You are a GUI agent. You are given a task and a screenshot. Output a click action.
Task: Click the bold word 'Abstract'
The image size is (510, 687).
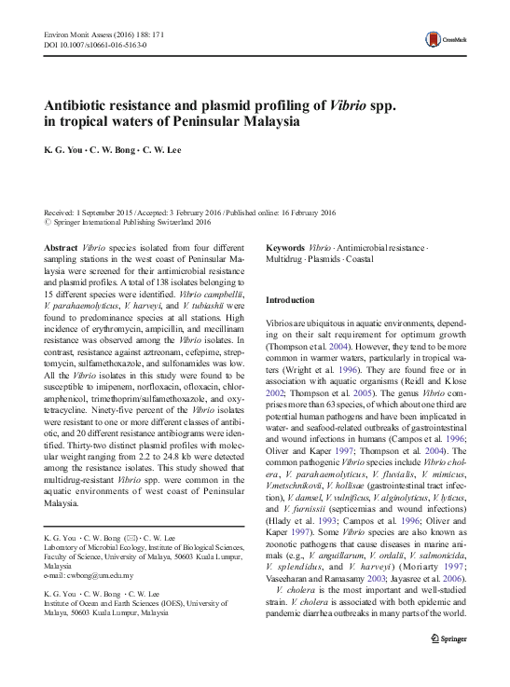tap(61, 249)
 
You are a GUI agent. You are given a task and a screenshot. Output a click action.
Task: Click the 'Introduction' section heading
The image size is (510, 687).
tap(292, 300)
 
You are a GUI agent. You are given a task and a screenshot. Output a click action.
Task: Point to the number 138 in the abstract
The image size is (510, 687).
tap(158, 282)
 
